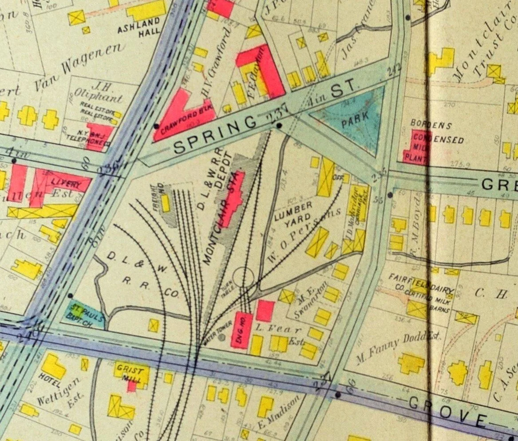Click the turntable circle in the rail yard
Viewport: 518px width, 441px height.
(242, 278)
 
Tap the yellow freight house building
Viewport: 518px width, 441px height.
(166, 203)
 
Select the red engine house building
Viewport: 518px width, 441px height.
(242, 330)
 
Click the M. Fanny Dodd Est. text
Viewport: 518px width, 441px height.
(399, 342)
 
